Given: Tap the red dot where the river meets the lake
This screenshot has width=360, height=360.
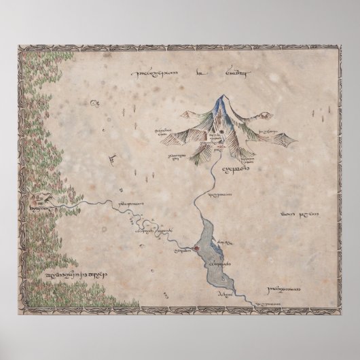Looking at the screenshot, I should [197, 249].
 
